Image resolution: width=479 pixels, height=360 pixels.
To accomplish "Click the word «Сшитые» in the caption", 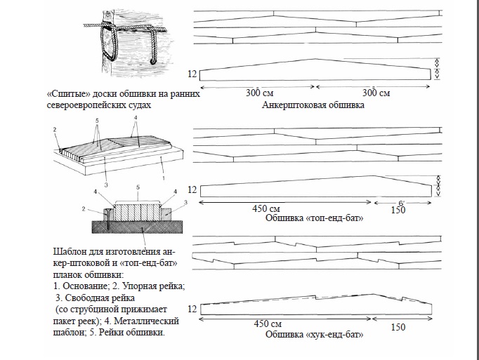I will pos(65,93).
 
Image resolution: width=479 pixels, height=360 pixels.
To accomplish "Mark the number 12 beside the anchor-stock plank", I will pos(193,73).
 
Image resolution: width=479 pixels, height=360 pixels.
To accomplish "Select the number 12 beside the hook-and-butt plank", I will pos(193,307).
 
